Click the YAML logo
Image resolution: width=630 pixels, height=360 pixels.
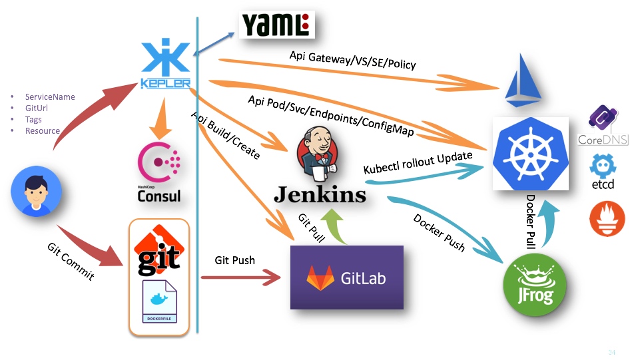(277, 25)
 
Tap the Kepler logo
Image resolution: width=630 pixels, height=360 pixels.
(166, 63)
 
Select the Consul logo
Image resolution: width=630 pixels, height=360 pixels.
(159, 172)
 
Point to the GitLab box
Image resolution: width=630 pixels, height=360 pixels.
(347, 277)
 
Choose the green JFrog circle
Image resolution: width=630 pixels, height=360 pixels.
(535, 285)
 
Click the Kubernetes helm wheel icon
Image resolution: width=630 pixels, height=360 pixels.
(531, 154)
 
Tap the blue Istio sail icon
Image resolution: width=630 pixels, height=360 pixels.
(523, 81)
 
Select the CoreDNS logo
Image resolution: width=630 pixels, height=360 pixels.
(603, 125)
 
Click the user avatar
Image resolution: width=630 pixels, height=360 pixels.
(36, 192)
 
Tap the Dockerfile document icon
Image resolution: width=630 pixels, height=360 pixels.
(160, 301)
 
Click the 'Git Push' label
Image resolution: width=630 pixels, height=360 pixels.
(234, 260)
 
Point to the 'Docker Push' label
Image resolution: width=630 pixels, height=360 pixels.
(439, 233)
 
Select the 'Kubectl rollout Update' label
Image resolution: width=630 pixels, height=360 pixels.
(418, 162)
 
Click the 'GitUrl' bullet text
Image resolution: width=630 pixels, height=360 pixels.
(37, 108)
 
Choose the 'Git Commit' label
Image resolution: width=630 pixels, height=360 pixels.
(71, 262)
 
